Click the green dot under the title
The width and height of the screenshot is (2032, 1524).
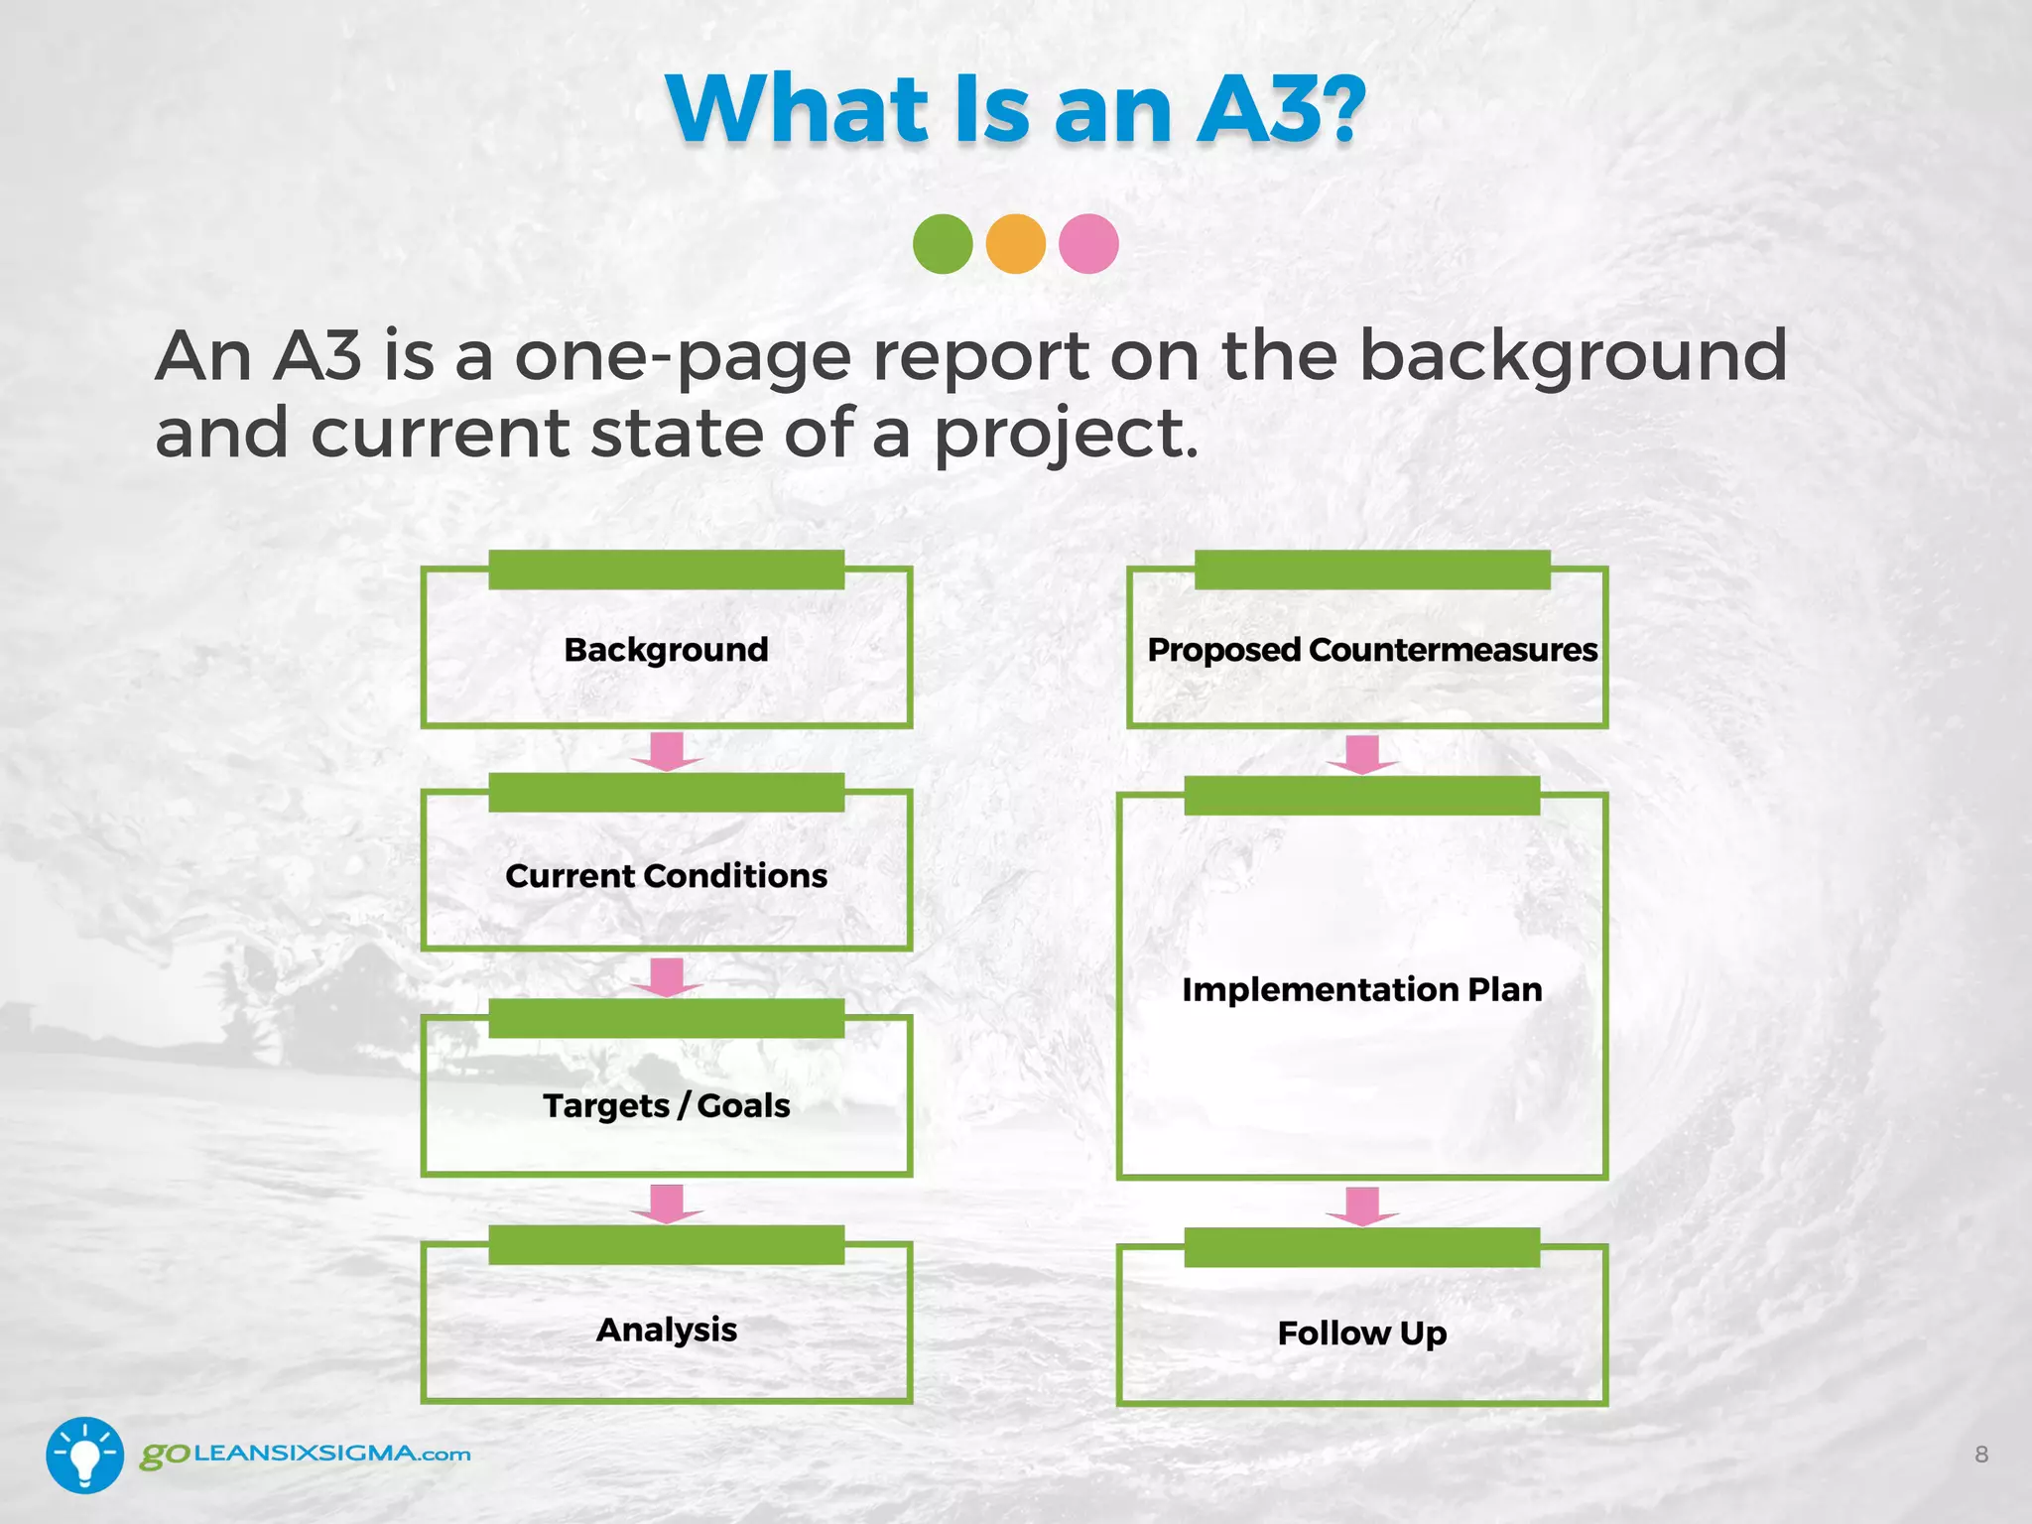click(943, 244)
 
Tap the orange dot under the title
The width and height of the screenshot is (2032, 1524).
click(1016, 244)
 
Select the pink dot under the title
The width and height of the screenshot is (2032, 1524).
click(1088, 244)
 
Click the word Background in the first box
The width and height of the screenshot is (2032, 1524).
click(666, 650)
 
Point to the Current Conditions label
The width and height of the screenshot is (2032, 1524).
click(666, 876)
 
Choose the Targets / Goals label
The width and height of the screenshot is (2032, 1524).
click(666, 1105)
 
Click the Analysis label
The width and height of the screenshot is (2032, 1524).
click(666, 1330)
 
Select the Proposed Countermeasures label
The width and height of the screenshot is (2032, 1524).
click(1372, 650)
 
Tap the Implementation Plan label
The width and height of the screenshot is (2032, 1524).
click(1362, 989)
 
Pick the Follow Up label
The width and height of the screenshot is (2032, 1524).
click(1362, 1333)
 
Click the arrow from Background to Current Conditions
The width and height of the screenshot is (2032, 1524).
click(667, 751)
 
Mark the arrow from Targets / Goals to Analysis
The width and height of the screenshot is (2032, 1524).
click(667, 1204)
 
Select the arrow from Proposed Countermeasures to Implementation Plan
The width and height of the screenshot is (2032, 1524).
click(1363, 754)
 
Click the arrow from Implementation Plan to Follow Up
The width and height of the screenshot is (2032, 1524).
click(1363, 1206)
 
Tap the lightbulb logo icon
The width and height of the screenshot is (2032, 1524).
click(84, 1456)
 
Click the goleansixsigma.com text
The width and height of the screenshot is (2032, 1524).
click(306, 1455)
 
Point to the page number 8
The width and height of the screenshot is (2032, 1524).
click(1980, 1455)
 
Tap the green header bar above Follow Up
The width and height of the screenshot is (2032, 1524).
click(1361, 1247)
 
